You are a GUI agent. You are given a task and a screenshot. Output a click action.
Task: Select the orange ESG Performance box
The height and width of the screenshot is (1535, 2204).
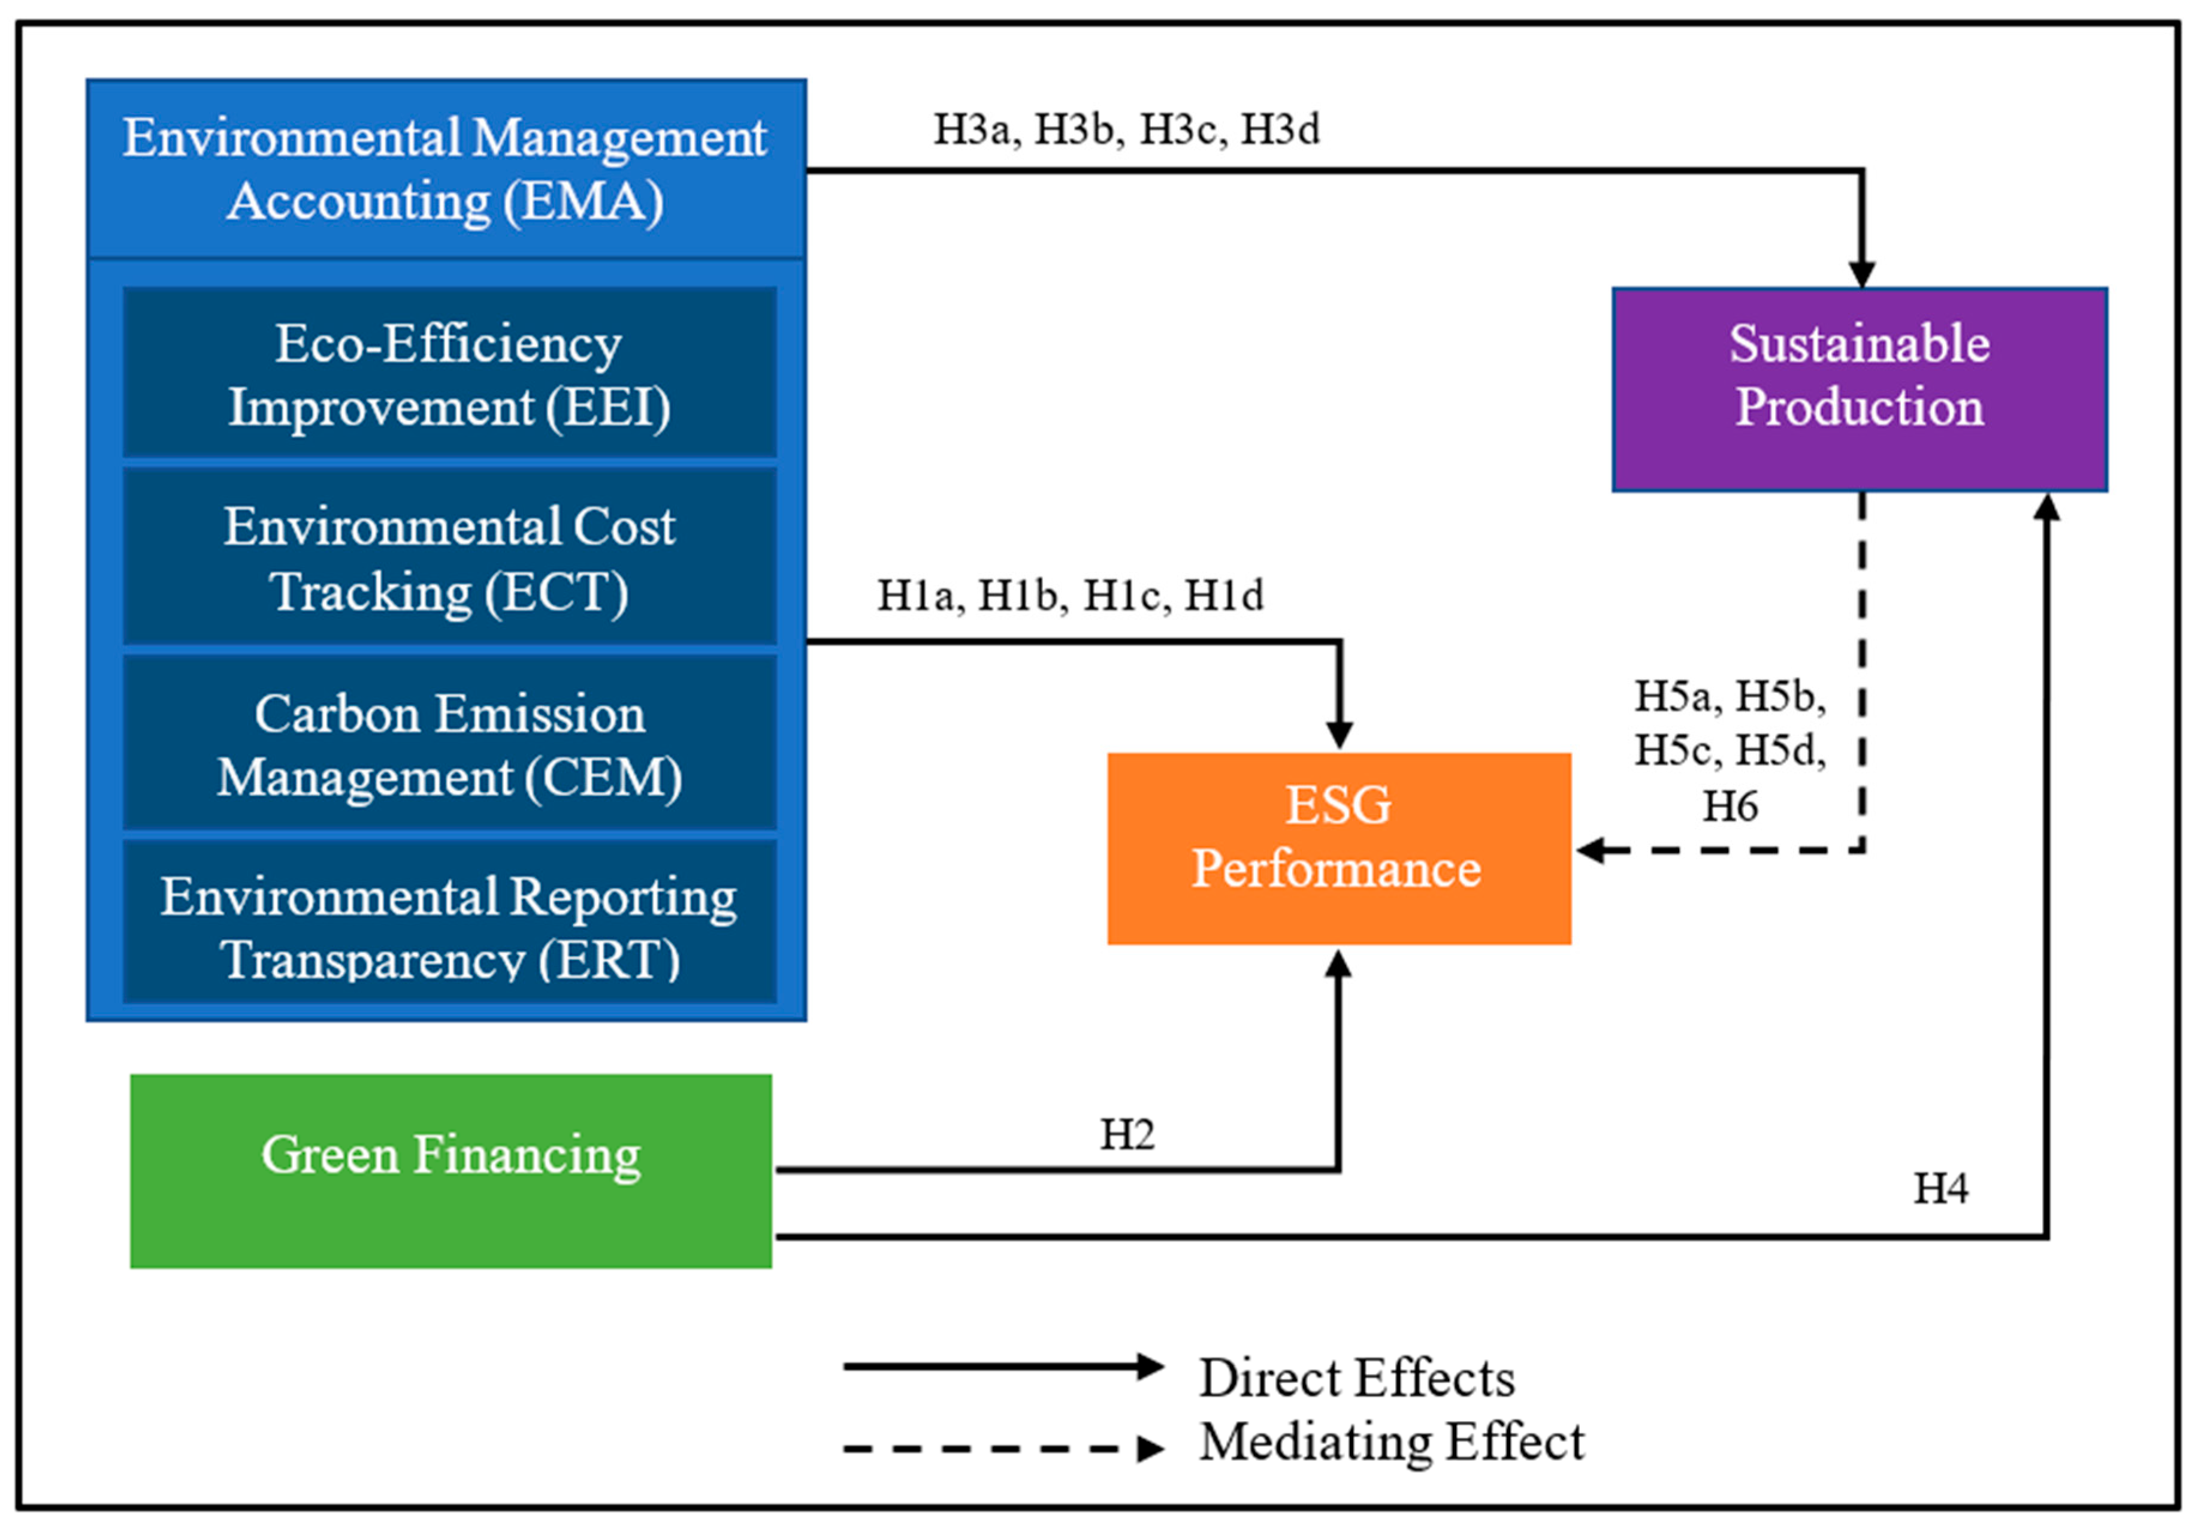(1338, 848)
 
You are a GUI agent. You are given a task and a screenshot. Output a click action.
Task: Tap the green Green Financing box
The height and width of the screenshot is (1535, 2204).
(451, 1170)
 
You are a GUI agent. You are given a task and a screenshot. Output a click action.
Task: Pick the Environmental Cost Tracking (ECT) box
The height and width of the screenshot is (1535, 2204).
(449, 557)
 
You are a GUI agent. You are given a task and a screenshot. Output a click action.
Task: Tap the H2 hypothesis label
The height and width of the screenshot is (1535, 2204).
(1126, 1135)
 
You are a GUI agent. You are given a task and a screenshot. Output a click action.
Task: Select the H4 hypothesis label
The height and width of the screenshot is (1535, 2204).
(1940, 1189)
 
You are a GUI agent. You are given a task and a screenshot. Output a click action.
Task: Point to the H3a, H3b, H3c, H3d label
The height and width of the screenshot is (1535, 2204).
(1126, 129)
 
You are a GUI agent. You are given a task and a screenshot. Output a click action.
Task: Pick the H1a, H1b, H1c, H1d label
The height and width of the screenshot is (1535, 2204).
(1069, 595)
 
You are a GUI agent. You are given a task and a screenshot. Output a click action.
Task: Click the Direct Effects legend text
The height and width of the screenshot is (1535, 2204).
(1356, 1377)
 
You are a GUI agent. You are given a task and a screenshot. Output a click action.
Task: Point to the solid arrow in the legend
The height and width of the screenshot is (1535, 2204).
(1002, 1366)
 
